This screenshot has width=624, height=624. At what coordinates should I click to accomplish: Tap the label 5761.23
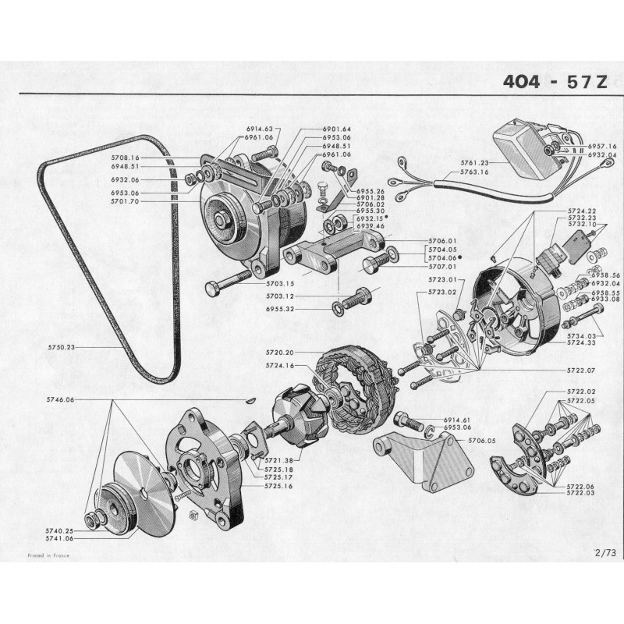point(473,163)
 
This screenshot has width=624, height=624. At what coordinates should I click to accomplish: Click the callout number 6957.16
point(601,147)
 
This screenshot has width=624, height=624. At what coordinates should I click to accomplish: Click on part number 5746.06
point(60,399)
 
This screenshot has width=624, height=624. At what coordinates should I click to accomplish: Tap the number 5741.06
point(60,538)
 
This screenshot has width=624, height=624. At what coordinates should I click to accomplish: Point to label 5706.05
point(482,441)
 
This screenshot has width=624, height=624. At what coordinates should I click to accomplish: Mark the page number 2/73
point(604,553)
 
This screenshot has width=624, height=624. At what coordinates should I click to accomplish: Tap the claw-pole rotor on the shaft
point(296,422)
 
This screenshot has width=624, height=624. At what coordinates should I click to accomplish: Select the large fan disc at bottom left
point(140,482)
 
